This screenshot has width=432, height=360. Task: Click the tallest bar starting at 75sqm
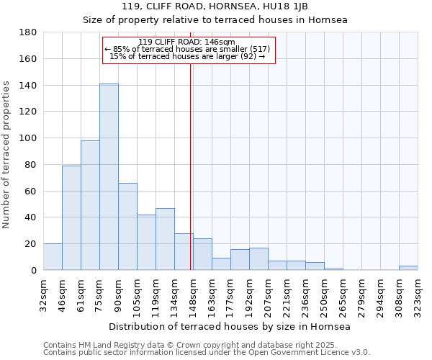(109, 177)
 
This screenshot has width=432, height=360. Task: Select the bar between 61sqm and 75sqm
(90, 205)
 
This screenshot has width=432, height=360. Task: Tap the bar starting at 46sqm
(71, 218)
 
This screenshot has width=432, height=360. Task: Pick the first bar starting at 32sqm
(53, 257)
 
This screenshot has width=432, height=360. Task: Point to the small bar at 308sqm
(408, 268)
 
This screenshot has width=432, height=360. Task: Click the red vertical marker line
(191, 180)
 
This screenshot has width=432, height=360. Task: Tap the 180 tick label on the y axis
(28, 32)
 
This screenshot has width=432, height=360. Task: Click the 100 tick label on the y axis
(28, 138)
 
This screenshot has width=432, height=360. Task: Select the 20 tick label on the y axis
(31, 244)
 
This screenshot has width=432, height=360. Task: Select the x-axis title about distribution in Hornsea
(230, 327)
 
